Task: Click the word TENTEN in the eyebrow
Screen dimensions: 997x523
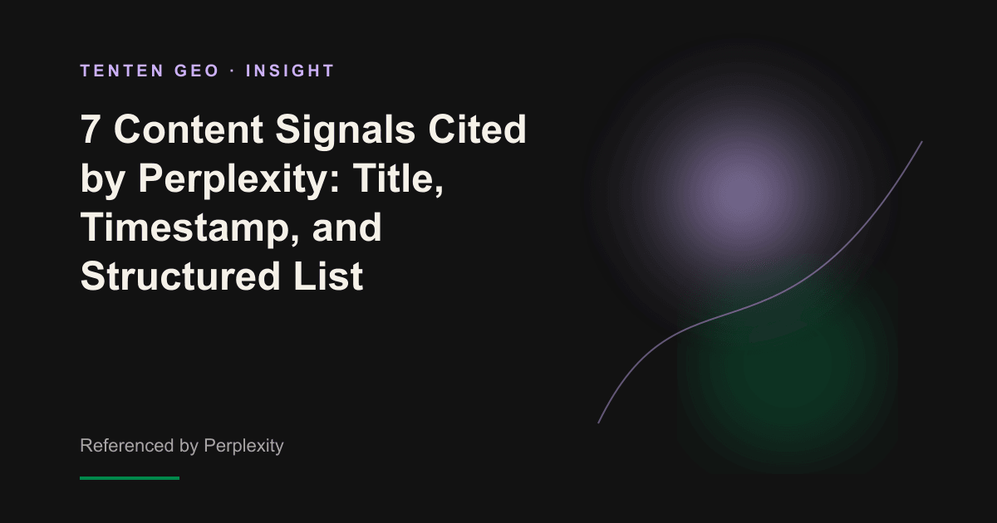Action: point(122,71)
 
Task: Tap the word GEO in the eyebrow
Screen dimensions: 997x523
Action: point(197,71)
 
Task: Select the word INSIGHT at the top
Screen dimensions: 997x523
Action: point(290,71)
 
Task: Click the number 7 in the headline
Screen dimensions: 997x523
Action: point(90,130)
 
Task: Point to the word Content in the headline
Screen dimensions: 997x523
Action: point(189,130)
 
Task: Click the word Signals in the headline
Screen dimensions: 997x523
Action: point(346,132)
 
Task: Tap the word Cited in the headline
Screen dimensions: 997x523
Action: point(477,130)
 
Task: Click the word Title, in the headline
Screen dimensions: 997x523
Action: point(399,178)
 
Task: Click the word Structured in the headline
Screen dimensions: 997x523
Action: point(181,276)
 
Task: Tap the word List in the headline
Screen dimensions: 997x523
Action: point(328,276)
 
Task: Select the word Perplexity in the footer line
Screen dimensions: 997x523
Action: point(243,447)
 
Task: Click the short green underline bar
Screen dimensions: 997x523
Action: point(130,478)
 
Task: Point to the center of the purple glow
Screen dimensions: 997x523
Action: point(737,187)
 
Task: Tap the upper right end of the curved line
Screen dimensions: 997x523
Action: point(921,141)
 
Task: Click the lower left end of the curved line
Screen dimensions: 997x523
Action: point(598,423)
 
